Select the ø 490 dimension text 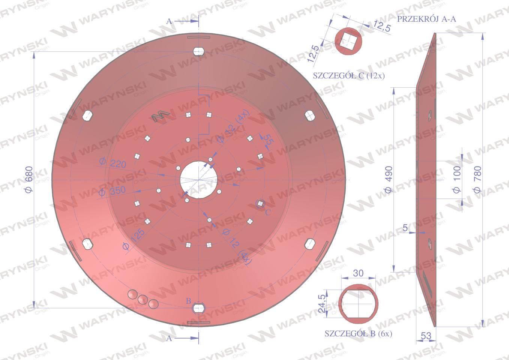click(389, 179)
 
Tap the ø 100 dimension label click(457, 179)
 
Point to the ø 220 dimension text click(113, 163)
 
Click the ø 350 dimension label click(112, 191)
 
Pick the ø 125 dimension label click(134, 239)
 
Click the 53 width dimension click(426, 336)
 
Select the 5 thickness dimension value click(405, 228)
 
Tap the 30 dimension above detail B click(358, 273)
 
